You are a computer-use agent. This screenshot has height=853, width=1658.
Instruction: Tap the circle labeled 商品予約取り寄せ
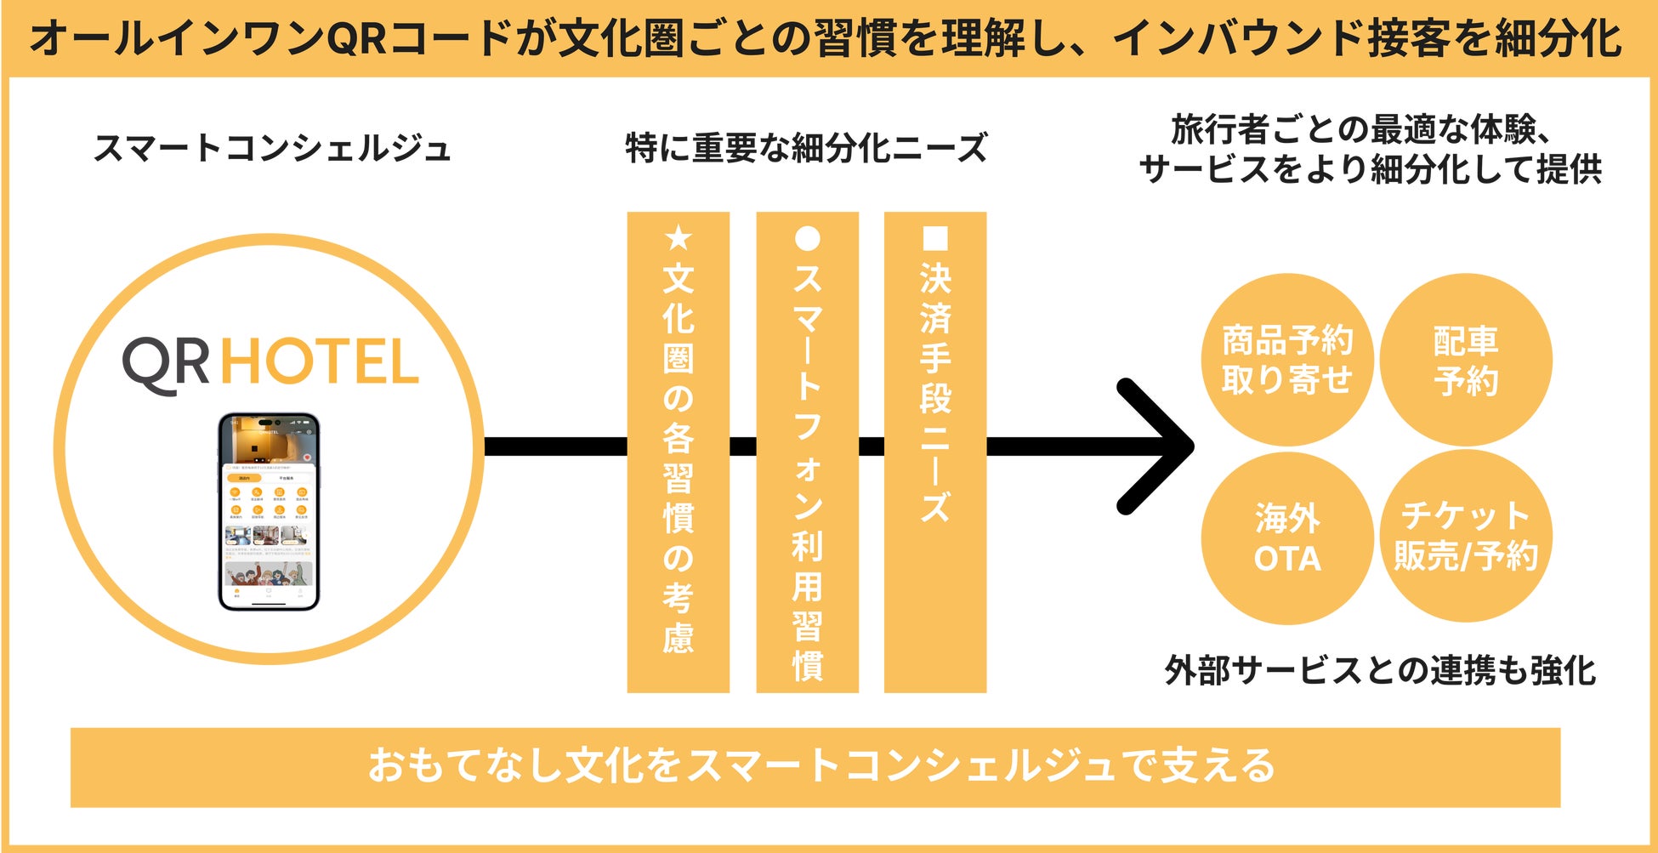coord(1286,360)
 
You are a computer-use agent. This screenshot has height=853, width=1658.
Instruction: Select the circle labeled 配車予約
coord(1465,360)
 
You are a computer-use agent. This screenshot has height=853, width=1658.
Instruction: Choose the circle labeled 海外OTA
coord(1286,537)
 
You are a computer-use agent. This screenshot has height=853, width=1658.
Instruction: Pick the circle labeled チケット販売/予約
coord(1465,536)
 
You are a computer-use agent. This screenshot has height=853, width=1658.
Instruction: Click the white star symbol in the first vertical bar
coord(678,238)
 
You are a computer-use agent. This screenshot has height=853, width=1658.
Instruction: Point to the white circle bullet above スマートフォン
coord(807,238)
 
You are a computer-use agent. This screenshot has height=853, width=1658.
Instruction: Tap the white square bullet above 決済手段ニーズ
coord(934,238)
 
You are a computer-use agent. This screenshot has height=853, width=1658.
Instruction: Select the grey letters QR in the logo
coord(167,363)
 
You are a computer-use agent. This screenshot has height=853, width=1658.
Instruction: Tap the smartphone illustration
coord(269,511)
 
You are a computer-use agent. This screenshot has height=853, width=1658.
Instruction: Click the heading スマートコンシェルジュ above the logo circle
coord(271,148)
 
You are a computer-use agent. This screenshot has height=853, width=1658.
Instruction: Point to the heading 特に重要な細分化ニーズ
coord(806,148)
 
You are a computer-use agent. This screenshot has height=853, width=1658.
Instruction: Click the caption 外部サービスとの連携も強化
coord(1380,670)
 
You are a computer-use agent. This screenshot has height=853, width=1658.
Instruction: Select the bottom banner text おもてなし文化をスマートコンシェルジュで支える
coord(821,765)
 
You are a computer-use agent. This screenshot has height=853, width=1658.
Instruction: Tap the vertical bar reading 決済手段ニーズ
coord(934,451)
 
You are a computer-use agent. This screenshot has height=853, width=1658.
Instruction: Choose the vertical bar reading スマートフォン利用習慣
coord(807,451)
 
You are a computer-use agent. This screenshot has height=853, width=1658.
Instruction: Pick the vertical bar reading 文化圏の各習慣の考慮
coord(678,451)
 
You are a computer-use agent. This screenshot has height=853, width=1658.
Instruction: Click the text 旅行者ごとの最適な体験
coord(1360,130)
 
